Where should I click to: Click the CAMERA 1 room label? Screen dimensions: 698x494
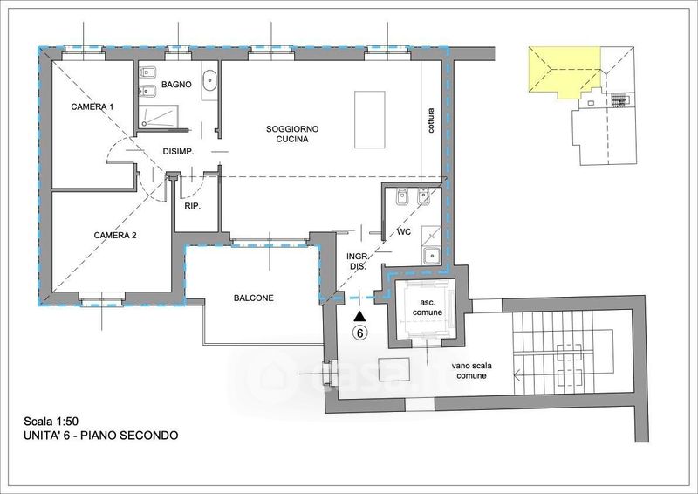point(92,106)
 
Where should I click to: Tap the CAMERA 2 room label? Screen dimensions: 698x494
point(115,235)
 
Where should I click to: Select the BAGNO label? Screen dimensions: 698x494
point(176,84)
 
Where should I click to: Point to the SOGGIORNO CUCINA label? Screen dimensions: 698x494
point(292,134)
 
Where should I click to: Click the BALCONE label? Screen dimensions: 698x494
point(254,298)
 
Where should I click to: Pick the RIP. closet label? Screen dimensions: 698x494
point(193,206)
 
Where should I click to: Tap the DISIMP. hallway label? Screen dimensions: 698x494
point(178,152)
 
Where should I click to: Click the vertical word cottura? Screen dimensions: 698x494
point(430,120)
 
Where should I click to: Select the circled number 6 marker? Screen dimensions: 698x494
point(359,333)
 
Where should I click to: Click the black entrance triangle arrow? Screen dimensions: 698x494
point(359,316)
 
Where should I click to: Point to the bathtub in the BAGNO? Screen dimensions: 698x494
point(209,82)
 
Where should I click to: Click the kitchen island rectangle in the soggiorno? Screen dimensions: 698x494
point(370,120)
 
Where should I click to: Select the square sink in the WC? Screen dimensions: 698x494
point(431,256)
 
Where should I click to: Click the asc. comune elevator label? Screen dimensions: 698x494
point(428,307)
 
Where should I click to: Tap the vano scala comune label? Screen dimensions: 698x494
point(471,371)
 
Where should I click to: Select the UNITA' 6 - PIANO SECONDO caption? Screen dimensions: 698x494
point(101,436)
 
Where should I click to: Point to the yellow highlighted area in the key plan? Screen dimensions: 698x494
point(564,72)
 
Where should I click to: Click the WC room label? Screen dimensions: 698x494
point(404,232)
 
